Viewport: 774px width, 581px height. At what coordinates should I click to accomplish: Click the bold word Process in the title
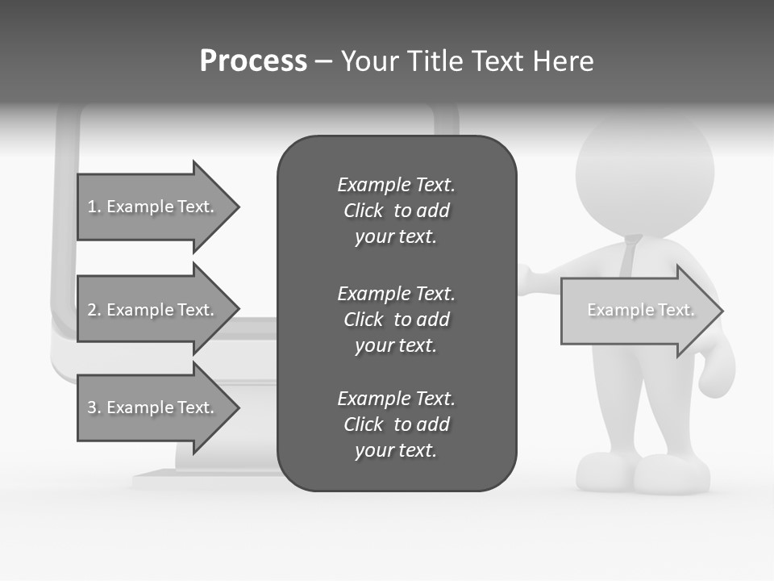[x=253, y=61]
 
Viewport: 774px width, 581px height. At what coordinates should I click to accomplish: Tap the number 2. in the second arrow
[x=94, y=310]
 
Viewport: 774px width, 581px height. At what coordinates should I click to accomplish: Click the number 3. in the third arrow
[x=94, y=408]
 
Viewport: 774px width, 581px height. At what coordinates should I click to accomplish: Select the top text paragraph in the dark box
[x=396, y=211]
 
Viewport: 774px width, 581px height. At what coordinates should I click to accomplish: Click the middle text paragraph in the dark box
[x=396, y=320]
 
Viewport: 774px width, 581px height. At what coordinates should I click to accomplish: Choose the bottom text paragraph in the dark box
[x=396, y=424]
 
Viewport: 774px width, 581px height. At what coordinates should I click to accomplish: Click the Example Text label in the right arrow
[x=640, y=310]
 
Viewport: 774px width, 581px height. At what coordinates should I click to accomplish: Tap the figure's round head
[x=645, y=173]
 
